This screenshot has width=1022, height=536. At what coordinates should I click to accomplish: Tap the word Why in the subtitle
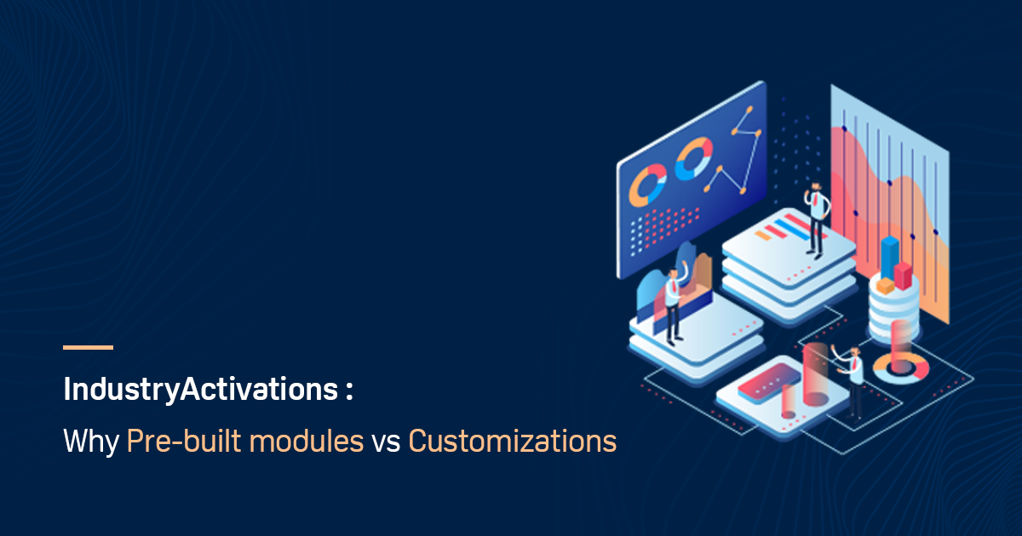coord(90,442)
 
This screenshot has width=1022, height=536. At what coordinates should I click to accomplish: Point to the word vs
coord(385,443)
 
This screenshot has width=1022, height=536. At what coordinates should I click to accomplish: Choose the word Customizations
coord(512,442)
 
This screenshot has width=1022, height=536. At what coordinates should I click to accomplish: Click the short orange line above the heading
coord(88,347)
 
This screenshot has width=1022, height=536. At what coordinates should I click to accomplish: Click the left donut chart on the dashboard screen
coord(648,185)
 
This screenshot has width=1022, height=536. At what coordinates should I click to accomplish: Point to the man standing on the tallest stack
coord(817,218)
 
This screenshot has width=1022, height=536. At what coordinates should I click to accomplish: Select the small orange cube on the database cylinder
coord(886,287)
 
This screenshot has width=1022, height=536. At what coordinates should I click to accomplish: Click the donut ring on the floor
coord(901,367)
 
